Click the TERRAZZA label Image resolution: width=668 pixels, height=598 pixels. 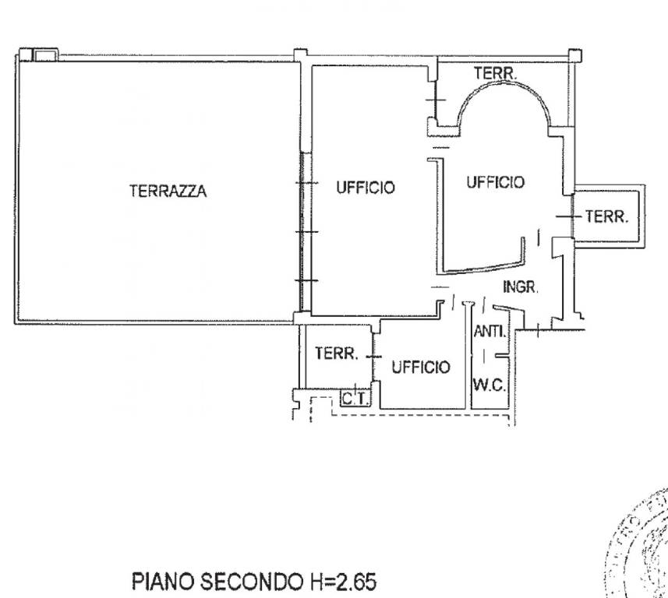click(x=168, y=191)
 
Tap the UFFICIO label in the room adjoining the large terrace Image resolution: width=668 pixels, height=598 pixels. click(x=366, y=188)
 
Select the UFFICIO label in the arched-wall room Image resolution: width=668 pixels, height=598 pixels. click(x=495, y=182)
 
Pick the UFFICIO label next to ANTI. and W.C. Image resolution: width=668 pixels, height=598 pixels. click(x=420, y=367)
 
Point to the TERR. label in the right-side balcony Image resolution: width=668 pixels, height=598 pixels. click(x=606, y=217)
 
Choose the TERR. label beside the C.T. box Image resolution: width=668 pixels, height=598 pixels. click(x=335, y=354)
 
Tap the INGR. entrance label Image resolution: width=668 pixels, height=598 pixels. click(x=520, y=287)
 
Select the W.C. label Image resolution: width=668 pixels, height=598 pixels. click(x=490, y=385)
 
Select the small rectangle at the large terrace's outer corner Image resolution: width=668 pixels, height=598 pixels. click(x=44, y=55)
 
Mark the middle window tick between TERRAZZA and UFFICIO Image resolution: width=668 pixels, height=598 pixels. click(x=305, y=232)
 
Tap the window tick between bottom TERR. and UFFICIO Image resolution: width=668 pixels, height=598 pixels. click(x=373, y=356)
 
